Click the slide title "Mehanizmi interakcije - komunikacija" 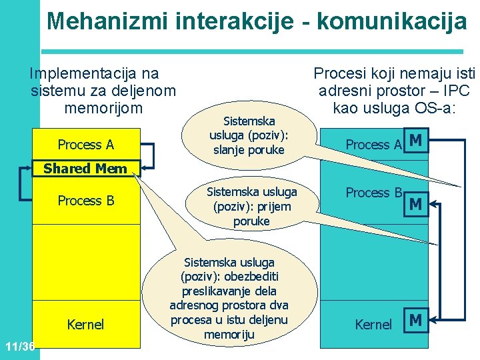pyautogui.click(x=257, y=21)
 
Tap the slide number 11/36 pyautogui.click(x=19, y=347)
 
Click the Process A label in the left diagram pyautogui.click(x=85, y=145)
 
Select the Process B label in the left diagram pyautogui.click(x=86, y=201)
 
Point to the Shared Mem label pyautogui.click(x=85, y=169)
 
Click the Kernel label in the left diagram pyautogui.click(x=86, y=325)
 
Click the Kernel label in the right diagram pyautogui.click(x=373, y=325)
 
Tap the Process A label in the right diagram pyautogui.click(x=373, y=145)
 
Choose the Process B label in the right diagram pyautogui.click(x=374, y=193)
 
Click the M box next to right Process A pyautogui.click(x=415, y=141)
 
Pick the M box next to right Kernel pyautogui.click(x=415, y=321)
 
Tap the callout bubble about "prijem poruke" pyautogui.click(x=251, y=206)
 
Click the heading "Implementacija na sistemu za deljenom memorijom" pyautogui.click(x=103, y=90)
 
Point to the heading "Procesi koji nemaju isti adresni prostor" pyautogui.click(x=393, y=90)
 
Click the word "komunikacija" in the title pyautogui.click(x=392, y=21)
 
